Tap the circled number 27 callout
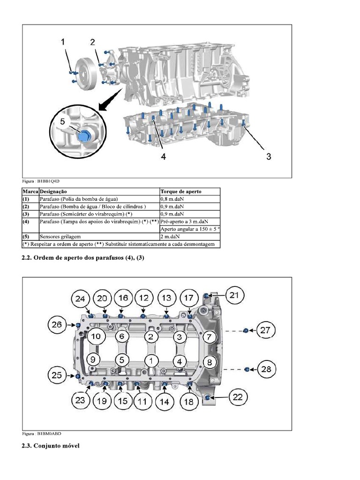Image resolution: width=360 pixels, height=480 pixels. (265, 330)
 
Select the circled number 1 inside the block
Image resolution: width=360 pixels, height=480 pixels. (151, 360)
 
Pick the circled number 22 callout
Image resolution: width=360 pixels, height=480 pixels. (238, 397)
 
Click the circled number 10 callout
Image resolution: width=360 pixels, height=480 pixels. (95, 336)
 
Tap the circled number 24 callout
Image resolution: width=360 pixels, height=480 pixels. (81, 299)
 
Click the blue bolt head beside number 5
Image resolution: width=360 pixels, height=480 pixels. (84, 137)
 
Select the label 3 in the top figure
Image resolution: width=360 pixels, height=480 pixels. (269, 157)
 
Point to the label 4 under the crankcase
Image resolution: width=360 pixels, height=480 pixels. (163, 157)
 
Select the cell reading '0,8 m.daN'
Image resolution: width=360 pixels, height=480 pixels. (172, 199)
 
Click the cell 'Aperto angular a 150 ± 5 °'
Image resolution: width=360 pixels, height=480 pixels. (190, 229)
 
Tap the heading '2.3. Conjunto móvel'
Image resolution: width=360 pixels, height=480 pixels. (51, 446)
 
